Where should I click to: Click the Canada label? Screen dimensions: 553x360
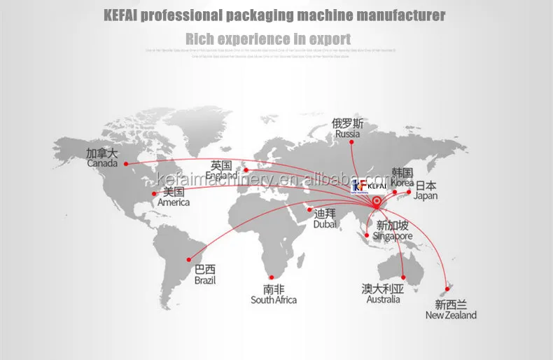coord(102,158)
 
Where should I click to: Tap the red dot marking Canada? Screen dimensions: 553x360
coord(126,164)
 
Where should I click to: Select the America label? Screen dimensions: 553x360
coord(173,197)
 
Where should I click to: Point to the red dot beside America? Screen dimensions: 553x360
coord(155,193)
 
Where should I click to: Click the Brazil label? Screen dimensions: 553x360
coord(205,275)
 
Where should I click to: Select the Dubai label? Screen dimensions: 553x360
coord(325,219)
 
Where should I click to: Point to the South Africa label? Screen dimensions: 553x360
coord(274,294)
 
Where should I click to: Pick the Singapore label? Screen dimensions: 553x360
coord(394,231)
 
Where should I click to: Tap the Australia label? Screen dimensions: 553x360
coord(383,293)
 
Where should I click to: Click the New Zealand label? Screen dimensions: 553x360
coord(451,310)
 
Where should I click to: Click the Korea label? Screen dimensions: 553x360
coord(402,177)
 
